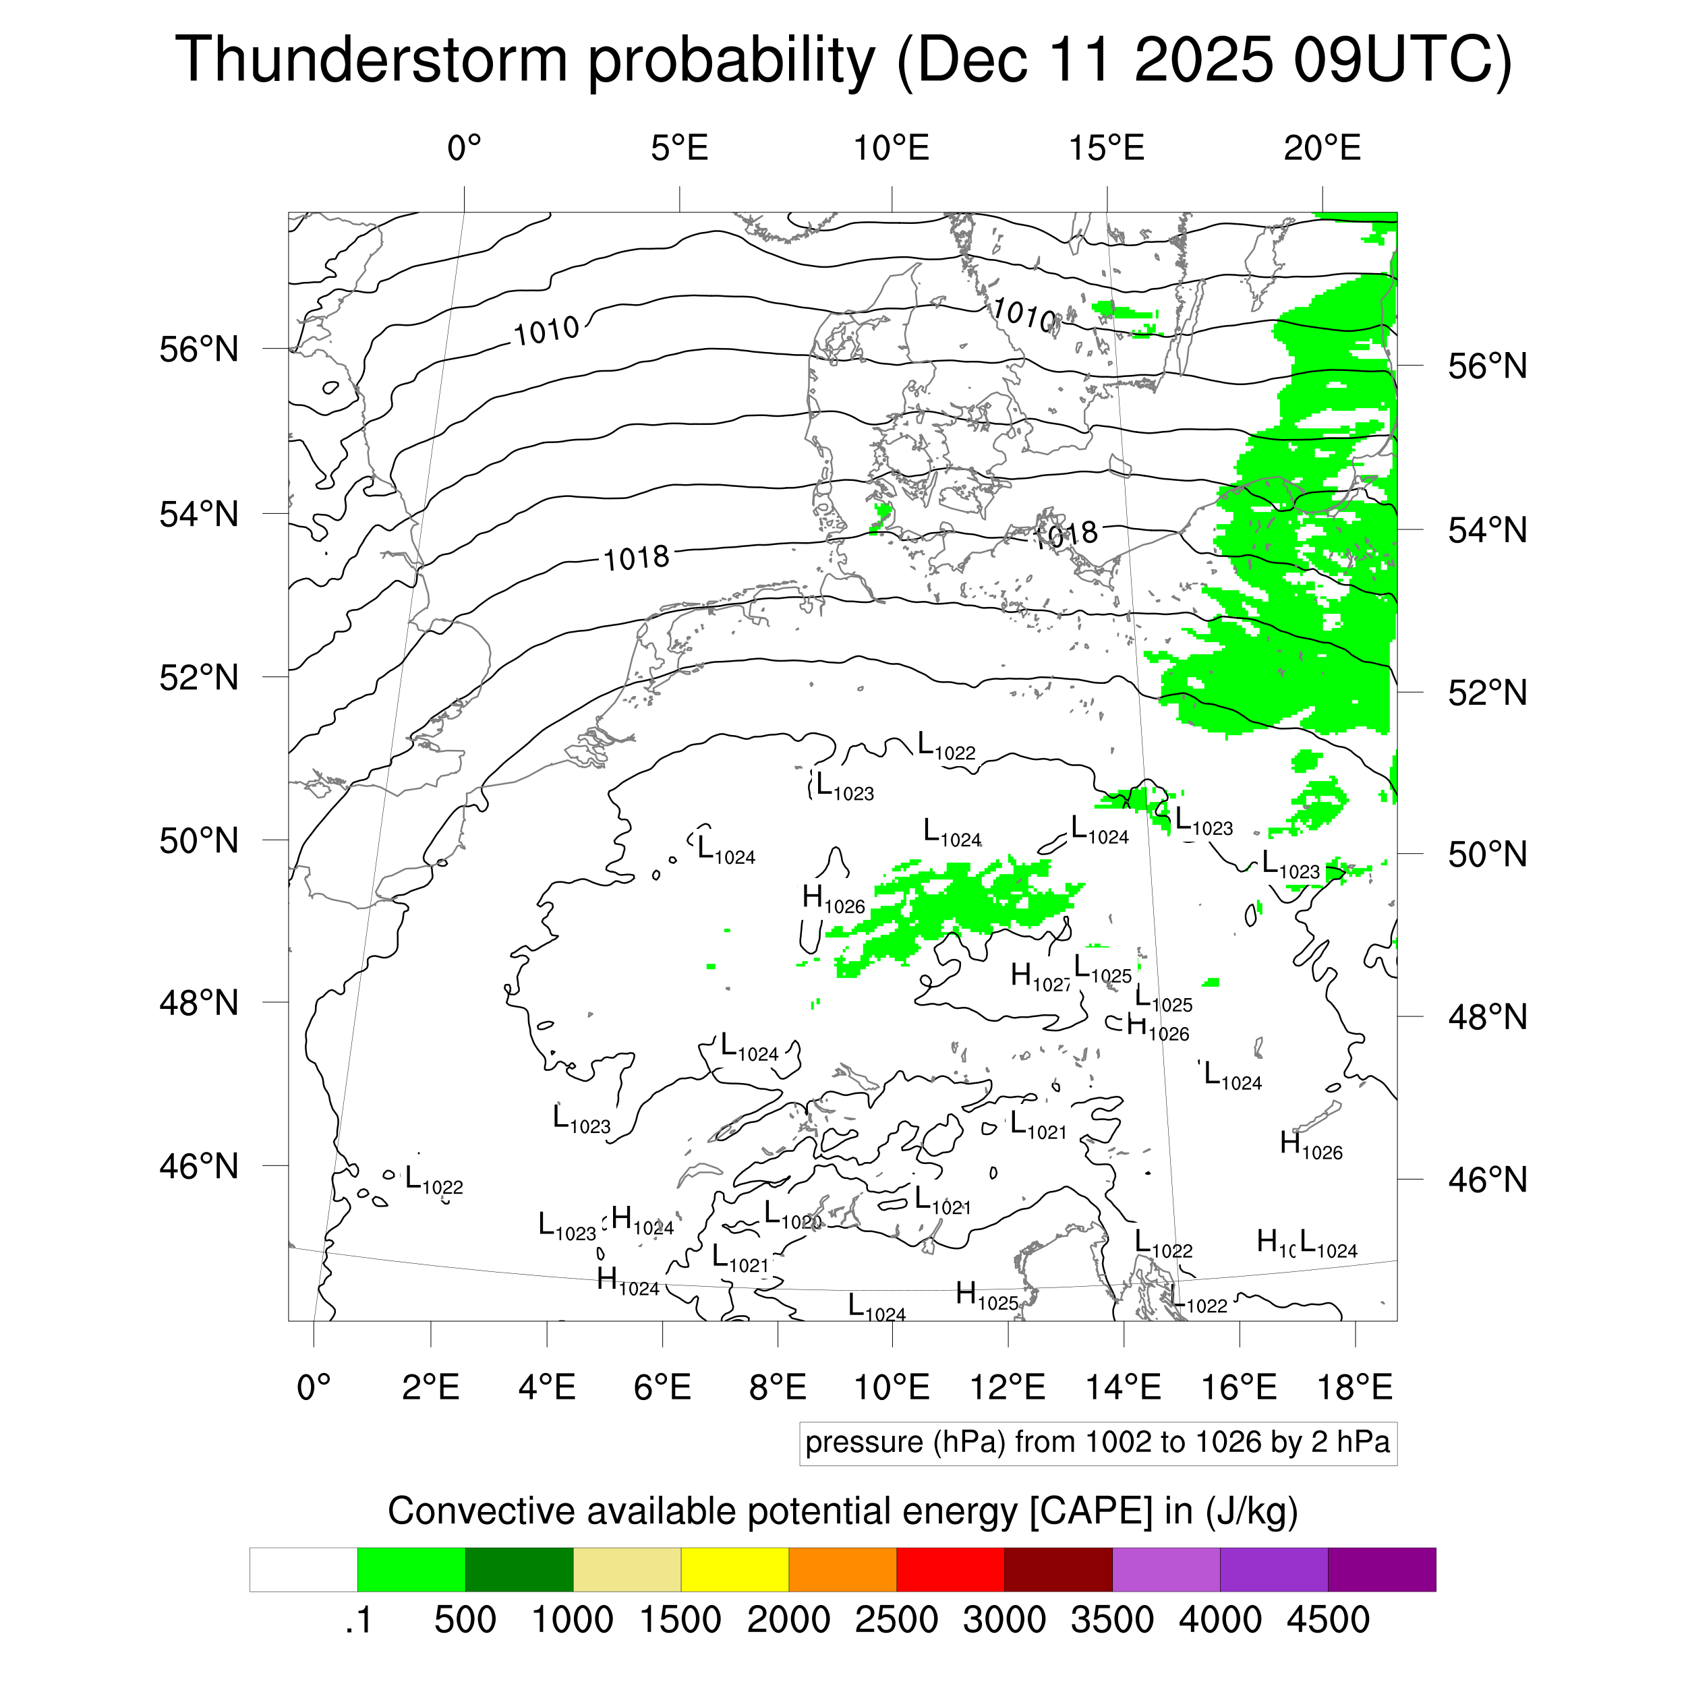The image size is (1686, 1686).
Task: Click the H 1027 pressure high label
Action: (1040, 977)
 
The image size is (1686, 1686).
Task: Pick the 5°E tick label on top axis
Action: (679, 148)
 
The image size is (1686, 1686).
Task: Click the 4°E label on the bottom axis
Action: (547, 1387)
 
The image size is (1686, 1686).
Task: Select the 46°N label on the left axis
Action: (199, 1166)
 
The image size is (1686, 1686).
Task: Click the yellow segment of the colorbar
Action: (735, 1570)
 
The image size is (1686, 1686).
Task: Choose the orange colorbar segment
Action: (842, 1570)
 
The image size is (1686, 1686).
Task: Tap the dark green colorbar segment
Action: (519, 1570)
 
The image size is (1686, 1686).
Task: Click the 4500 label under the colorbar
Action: (1328, 1620)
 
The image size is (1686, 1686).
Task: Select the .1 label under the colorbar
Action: (359, 1620)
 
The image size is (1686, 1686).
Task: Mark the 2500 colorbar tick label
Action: (896, 1620)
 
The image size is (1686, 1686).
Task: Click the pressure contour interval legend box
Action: (1098, 1443)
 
